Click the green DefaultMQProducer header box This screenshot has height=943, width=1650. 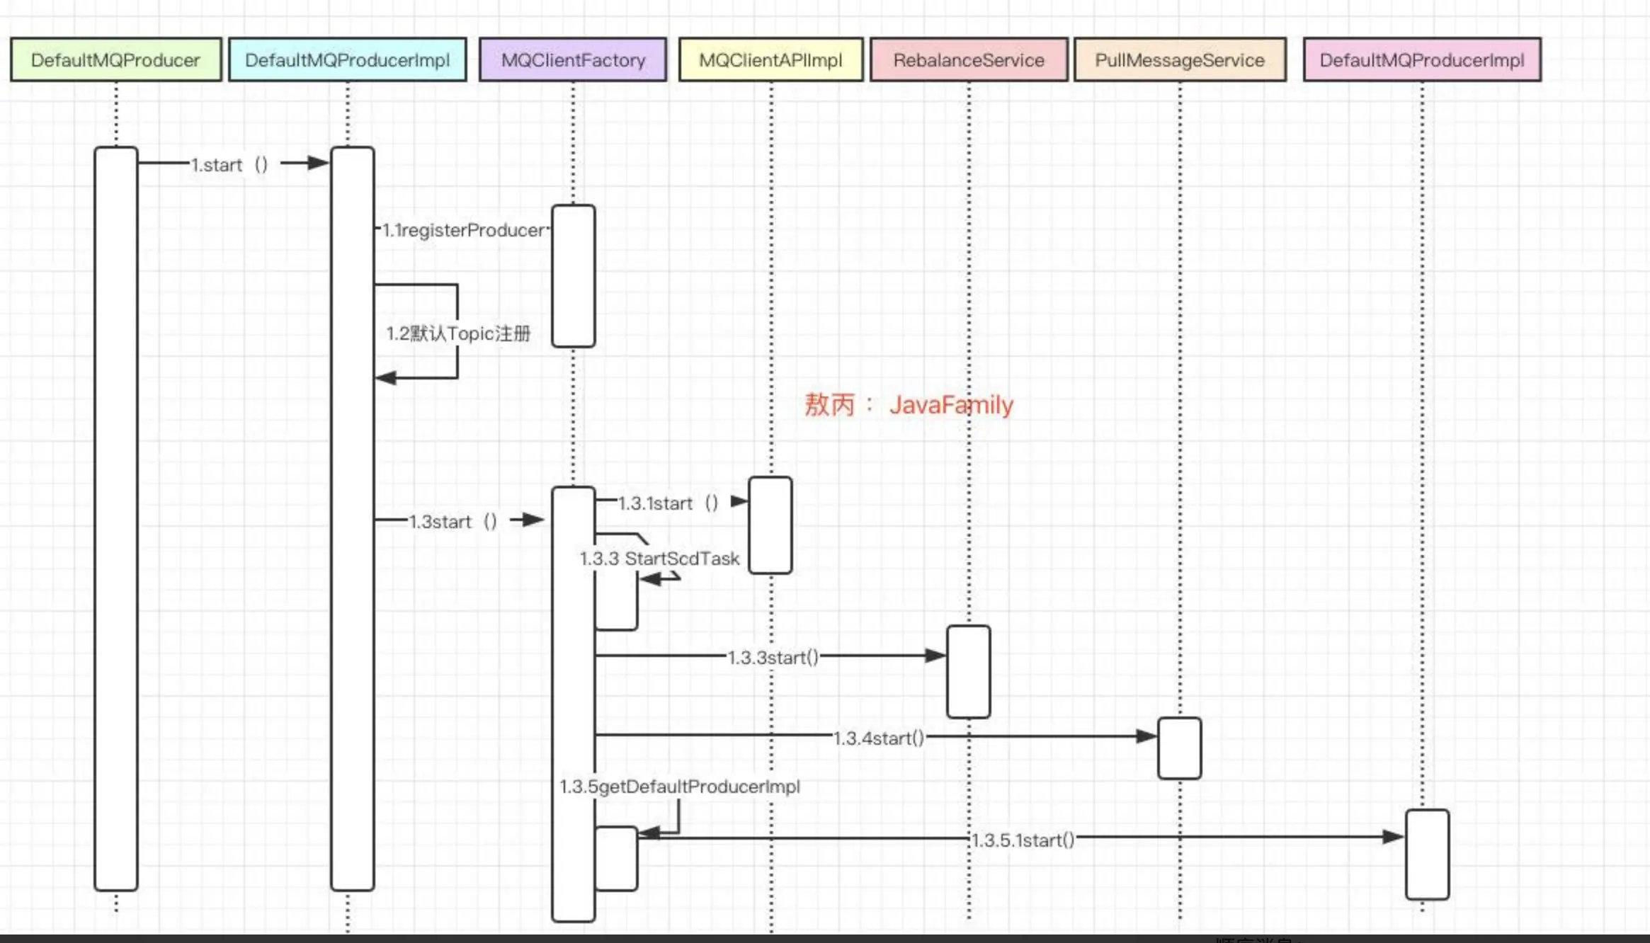click(x=115, y=60)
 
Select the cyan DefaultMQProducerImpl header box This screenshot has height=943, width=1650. click(x=347, y=60)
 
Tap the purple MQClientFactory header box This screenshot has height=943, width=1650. click(x=573, y=60)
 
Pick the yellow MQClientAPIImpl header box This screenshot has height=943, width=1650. click(x=770, y=60)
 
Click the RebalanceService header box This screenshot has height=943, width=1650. click(x=968, y=60)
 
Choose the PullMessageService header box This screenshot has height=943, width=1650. click(x=1179, y=60)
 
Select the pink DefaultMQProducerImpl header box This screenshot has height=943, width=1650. click(x=1421, y=60)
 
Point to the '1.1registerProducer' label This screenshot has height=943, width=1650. click(x=464, y=230)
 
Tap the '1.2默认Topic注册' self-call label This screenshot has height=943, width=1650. click(x=458, y=333)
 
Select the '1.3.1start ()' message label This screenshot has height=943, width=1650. click(x=668, y=503)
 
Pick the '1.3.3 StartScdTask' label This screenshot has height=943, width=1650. click(x=659, y=559)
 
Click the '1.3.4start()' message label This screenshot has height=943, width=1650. click(x=878, y=738)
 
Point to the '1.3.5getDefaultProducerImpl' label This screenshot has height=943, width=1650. click(x=679, y=787)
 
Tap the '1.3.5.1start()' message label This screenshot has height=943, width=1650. click(x=1023, y=840)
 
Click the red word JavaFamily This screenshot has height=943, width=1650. click(x=951, y=405)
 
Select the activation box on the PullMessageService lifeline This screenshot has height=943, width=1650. click(x=1179, y=748)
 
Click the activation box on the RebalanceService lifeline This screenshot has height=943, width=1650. click(x=968, y=671)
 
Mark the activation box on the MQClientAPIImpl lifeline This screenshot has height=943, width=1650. click(x=770, y=525)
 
